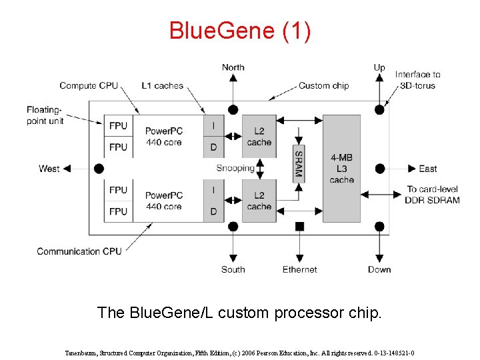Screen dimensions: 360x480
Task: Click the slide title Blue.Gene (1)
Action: pos(239,31)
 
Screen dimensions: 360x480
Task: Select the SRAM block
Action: pos(299,163)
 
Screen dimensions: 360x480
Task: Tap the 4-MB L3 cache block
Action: pos(341,168)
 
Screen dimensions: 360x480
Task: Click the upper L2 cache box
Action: pos(259,136)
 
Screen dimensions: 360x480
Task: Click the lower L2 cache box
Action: pos(259,201)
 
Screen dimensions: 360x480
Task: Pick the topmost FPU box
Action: pos(118,125)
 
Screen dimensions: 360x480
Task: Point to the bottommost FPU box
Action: pos(118,211)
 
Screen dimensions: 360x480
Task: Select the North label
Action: pos(233,67)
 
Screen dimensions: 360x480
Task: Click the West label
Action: pos(49,169)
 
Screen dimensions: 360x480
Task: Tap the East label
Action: pos(427,169)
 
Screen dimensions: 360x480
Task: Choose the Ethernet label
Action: pos(300,269)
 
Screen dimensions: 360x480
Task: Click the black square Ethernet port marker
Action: pos(299,227)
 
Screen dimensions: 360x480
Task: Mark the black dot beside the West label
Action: pos(99,169)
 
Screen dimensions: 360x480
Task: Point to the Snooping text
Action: pos(235,168)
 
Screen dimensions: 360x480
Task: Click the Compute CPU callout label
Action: pos(89,85)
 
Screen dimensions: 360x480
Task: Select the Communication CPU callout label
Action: pos(79,251)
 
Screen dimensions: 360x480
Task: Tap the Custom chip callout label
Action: pos(323,85)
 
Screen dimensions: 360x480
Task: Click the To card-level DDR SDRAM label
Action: pos(433,195)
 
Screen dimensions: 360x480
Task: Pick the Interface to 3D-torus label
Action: pos(417,80)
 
